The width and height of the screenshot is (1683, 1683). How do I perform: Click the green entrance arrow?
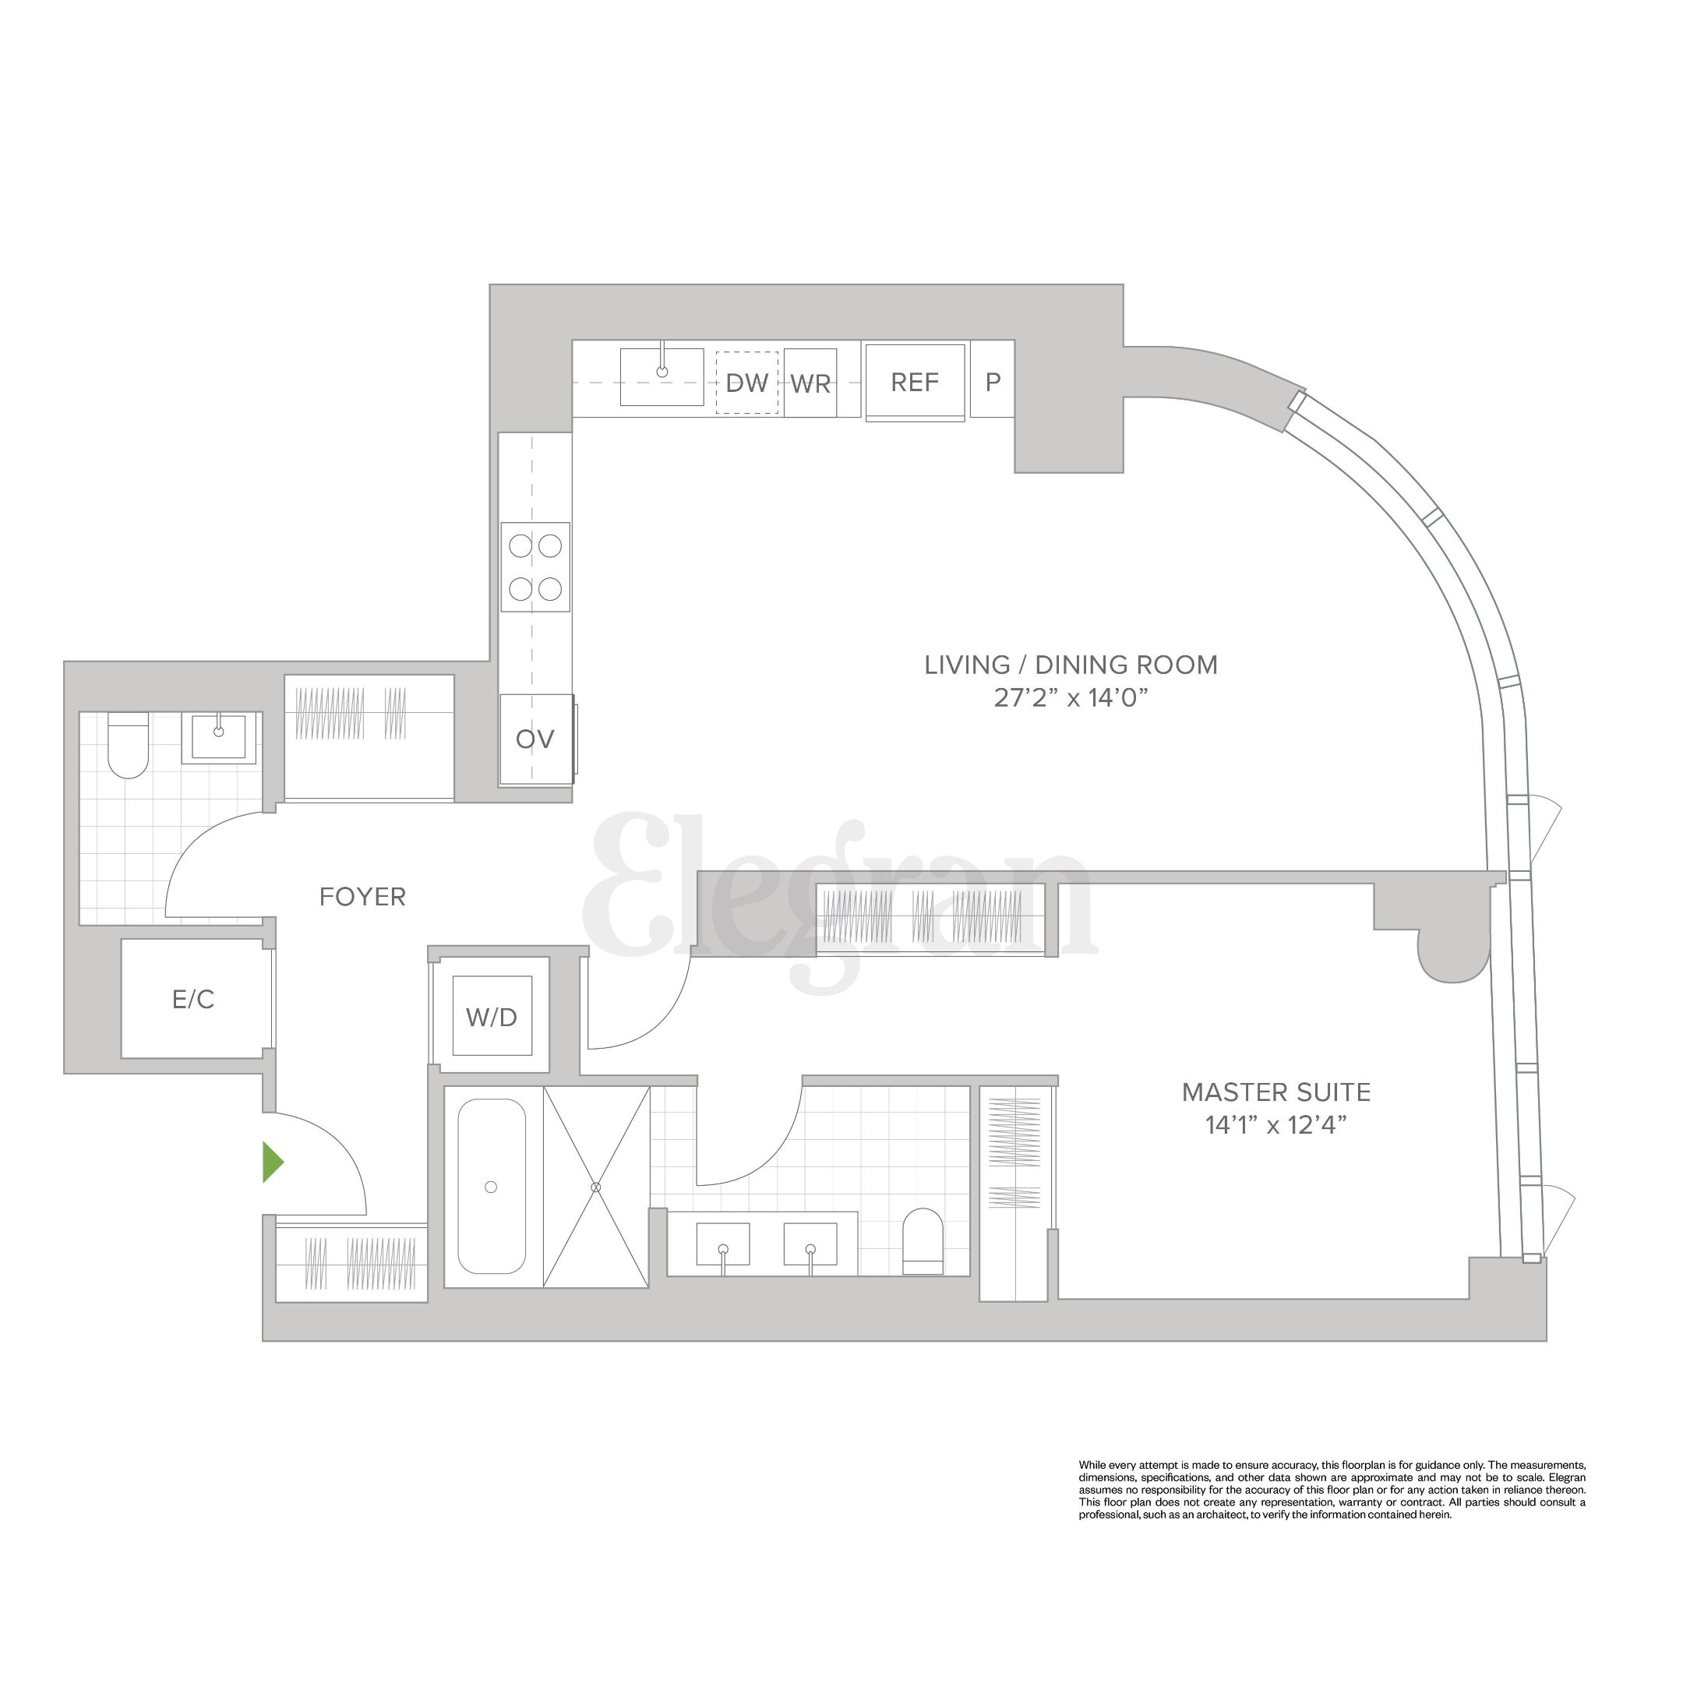click(273, 1163)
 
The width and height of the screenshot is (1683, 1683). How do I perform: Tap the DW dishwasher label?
click(746, 383)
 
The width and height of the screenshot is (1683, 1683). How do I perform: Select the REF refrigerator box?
click(915, 383)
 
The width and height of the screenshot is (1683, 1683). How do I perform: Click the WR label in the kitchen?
click(810, 384)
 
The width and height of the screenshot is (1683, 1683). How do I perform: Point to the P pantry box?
click(992, 382)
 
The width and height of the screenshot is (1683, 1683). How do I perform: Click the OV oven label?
click(535, 739)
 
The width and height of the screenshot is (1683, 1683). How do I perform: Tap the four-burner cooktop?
click(535, 567)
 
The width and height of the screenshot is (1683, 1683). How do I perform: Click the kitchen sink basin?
click(662, 376)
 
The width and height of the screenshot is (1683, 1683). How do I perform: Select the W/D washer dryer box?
click(492, 1017)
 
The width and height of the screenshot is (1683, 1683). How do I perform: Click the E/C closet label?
click(193, 999)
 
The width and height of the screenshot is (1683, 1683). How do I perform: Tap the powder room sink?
click(219, 737)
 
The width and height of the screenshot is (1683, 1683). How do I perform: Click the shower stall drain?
click(597, 1187)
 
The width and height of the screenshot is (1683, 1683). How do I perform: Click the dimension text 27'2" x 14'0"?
click(1071, 698)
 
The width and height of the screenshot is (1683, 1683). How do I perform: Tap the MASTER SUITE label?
click(1276, 1092)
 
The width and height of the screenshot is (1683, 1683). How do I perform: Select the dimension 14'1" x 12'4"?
click(1276, 1125)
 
